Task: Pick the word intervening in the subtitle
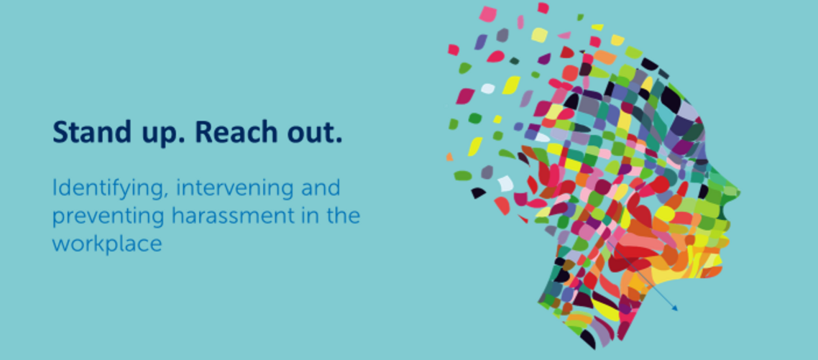coord(235,188)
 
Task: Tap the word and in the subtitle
coord(321,188)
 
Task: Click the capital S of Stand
coord(60,132)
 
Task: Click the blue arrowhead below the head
coord(674,308)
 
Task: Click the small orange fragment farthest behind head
coord(449,157)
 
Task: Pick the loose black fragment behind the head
coord(479,193)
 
